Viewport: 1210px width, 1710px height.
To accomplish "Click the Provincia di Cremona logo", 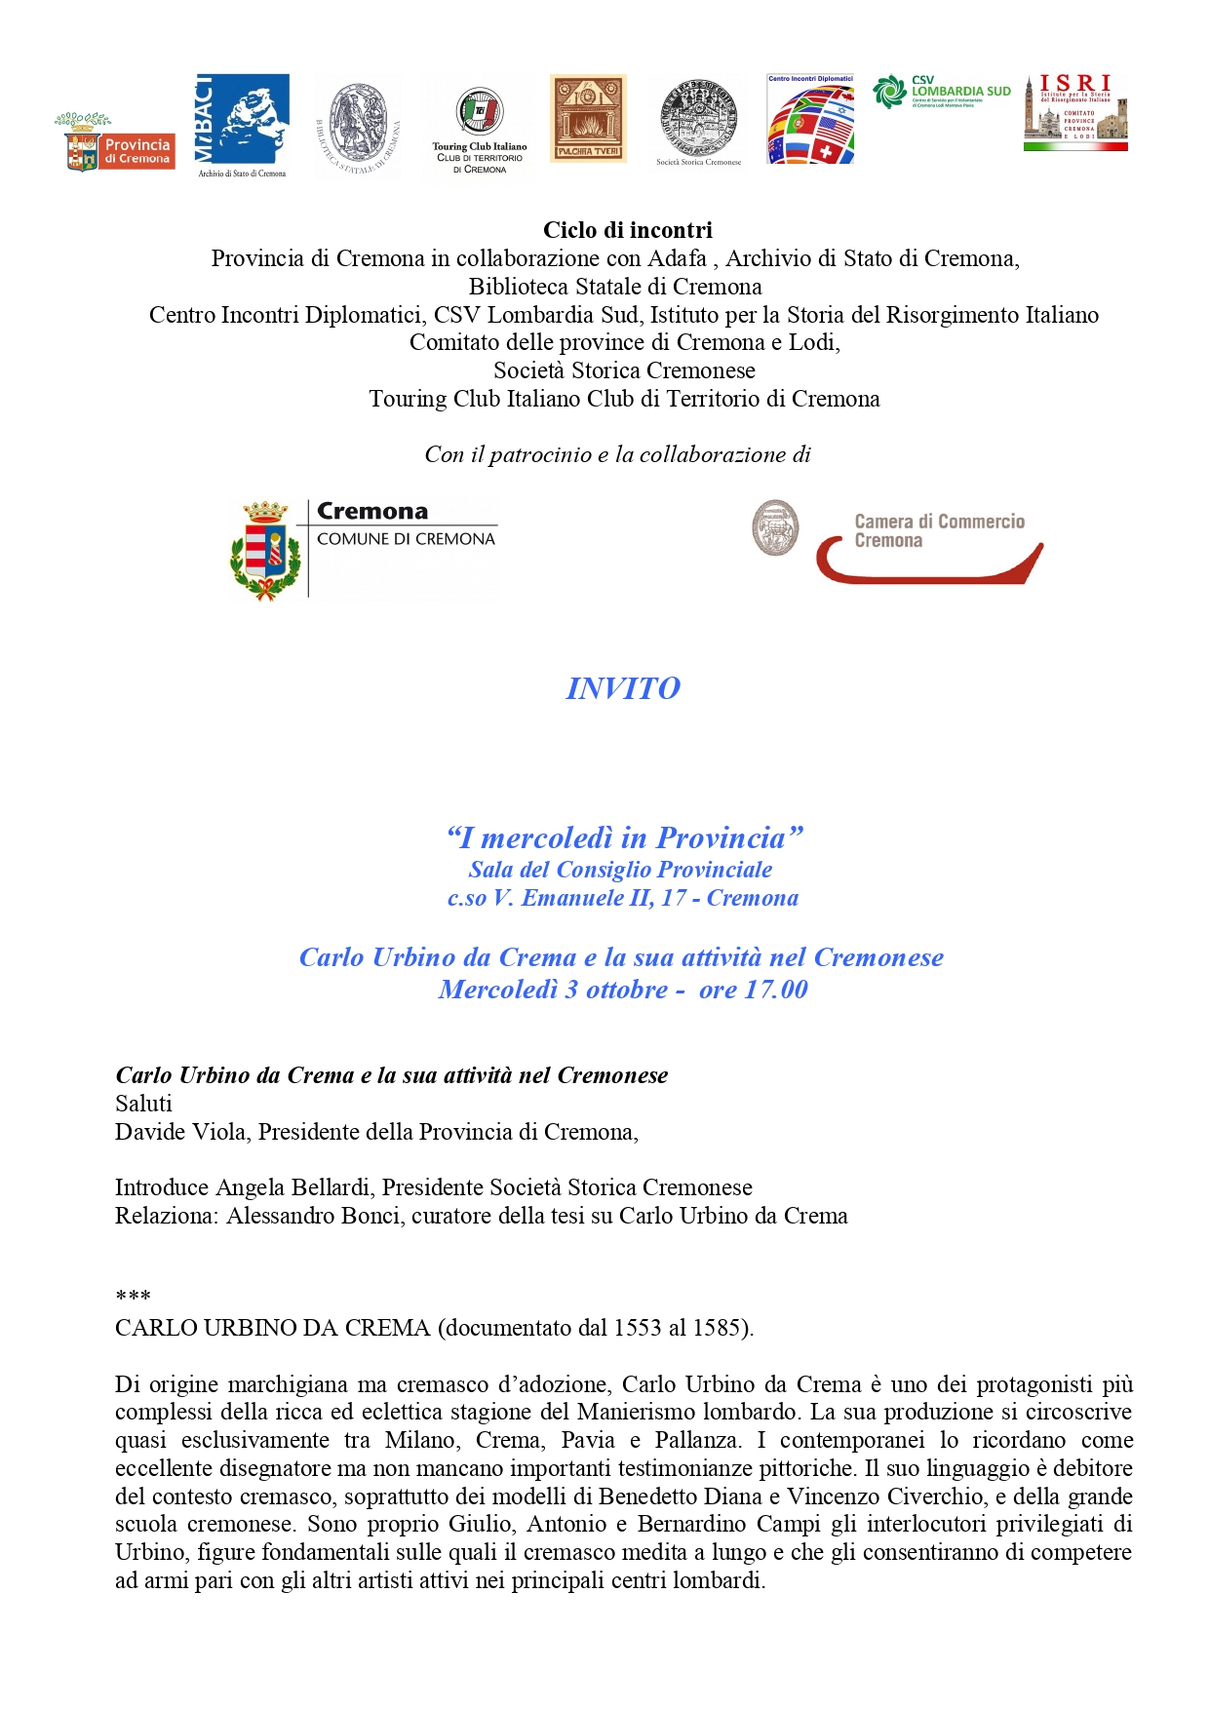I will (x=116, y=143).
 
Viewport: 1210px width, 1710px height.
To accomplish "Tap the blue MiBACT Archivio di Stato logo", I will (x=242, y=124).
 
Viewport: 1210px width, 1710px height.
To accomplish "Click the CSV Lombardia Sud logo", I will (x=942, y=92).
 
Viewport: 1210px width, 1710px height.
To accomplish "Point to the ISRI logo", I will (x=1075, y=111).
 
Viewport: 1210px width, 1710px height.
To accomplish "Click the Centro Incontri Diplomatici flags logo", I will (x=810, y=121).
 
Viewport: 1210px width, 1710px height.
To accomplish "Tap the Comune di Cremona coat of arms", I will (x=264, y=550).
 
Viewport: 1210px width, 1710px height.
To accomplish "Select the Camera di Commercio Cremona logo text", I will (x=938, y=531).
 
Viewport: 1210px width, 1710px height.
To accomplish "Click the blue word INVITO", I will (x=623, y=688).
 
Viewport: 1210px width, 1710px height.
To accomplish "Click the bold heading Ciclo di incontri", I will (x=627, y=230).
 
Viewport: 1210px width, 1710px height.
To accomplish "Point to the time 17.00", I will (x=775, y=990).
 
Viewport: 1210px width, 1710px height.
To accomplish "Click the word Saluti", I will (x=143, y=1104).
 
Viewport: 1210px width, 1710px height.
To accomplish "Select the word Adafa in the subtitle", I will (x=677, y=258).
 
